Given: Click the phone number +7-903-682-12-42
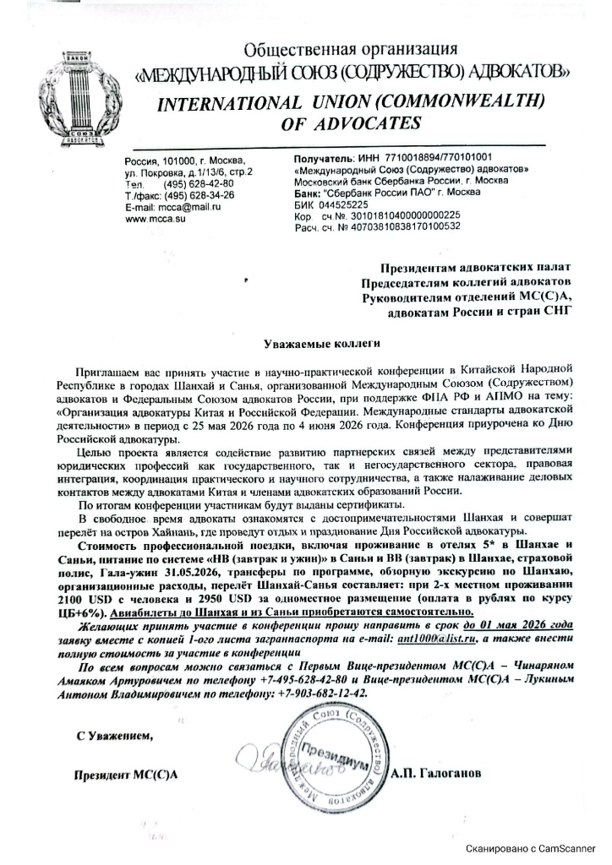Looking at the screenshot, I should coord(321,693).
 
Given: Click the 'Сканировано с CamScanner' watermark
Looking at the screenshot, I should coord(534,848).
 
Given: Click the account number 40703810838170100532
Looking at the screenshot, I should coord(396,226).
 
